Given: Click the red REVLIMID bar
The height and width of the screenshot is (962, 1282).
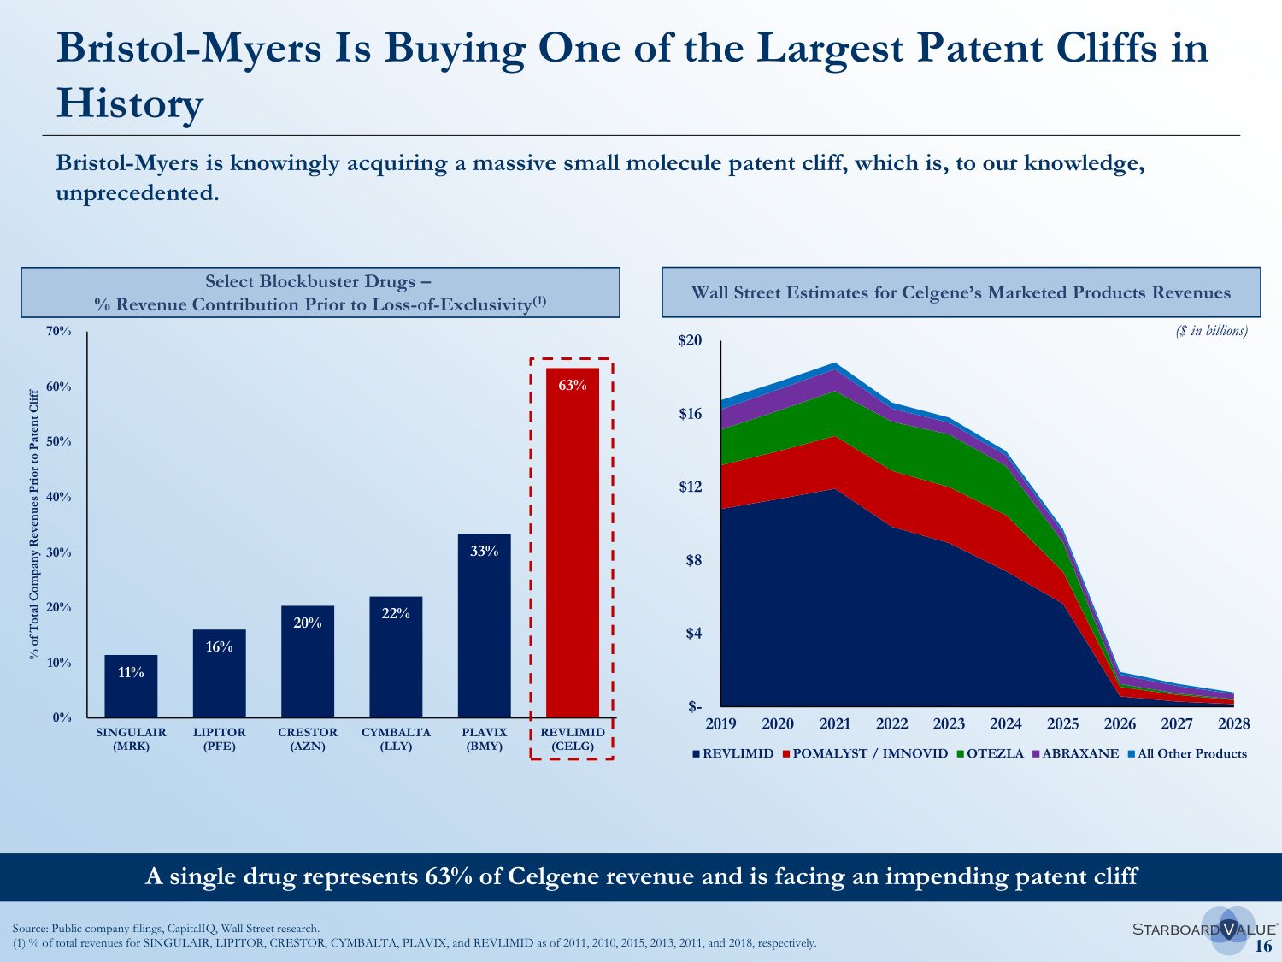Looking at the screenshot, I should pyautogui.click(x=573, y=547).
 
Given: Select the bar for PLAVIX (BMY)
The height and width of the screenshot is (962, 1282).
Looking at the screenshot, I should pyautogui.click(x=484, y=629).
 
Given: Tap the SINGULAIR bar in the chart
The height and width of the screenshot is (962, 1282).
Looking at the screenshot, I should pyautogui.click(x=131, y=688).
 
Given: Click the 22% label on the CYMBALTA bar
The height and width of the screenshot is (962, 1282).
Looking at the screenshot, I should pyautogui.click(x=396, y=613).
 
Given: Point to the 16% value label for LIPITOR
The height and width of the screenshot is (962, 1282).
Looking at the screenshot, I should pyautogui.click(x=219, y=647).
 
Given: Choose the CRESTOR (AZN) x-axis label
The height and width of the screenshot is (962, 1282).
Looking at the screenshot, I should pyautogui.click(x=308, y=739).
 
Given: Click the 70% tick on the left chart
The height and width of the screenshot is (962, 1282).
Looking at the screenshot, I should pyautogui.click(x=59, y=331).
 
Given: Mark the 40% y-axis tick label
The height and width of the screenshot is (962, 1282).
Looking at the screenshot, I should pyautogui.click(x=59, y=497).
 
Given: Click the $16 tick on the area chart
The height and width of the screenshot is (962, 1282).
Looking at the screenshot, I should pyautogui.click(x=690, y=414).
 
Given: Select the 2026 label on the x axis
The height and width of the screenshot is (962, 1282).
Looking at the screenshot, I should pyautogui.click(x=1120, y=724).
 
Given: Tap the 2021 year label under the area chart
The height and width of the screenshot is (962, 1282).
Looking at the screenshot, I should pyautogui.click(x=835, y=724).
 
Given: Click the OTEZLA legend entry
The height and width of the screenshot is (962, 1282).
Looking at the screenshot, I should pyautogui.click(x=994, y=753).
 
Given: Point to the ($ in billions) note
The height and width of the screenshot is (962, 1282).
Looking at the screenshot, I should pyautogui.click(x=1211, y=331).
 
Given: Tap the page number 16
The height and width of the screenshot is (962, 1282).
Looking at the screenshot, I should pyautogui.click(x=1262, y=946).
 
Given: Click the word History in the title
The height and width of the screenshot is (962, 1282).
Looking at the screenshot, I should pyautogui.click(x=130, y=103).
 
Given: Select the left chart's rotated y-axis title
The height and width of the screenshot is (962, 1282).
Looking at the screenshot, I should pyautogui.click(x=34, y=524).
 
